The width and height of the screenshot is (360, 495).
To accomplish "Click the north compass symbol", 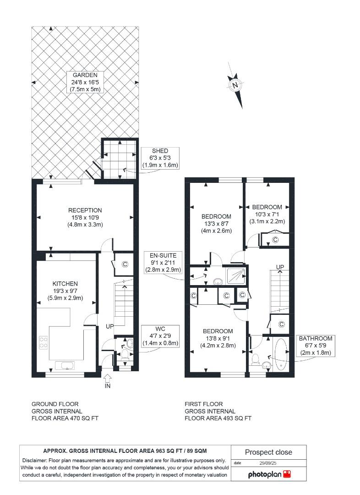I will click(x=235, y=85).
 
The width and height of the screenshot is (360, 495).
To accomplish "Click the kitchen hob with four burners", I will click(x=44, y=342).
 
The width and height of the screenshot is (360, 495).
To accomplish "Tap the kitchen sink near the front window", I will click(x=65, y=365).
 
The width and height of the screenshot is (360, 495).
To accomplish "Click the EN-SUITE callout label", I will click(x=163, y=262).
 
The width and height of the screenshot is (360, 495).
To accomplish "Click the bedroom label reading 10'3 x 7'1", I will click(x=267, y=214).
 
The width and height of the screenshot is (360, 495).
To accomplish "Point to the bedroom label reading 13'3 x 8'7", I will click(x=216, y=224).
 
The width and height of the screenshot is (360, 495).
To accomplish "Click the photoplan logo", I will click(x=269, y=474).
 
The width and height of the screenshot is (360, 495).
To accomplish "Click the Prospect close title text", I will click(x=268, y=452).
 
